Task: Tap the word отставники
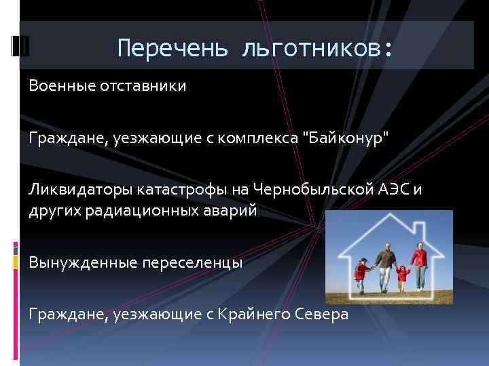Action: click(142, 87)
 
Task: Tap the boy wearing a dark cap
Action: click(361, 274)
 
